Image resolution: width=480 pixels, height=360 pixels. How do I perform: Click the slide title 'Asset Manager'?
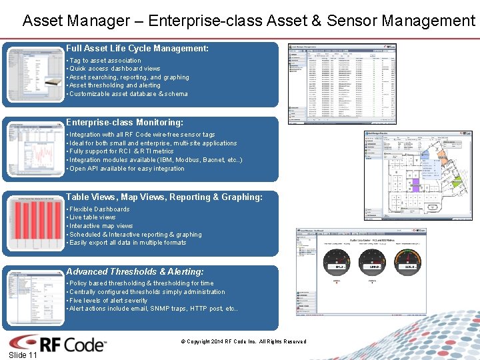click(248, 21)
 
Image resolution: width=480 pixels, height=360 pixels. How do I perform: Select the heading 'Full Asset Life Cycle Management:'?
click(137, 49)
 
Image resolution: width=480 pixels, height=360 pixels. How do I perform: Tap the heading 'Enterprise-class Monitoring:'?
click(125, 123)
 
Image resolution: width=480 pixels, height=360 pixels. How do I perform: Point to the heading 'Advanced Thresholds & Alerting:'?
click(135, 272)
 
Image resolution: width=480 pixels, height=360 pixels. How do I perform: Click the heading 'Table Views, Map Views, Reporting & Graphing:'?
click(165, 197)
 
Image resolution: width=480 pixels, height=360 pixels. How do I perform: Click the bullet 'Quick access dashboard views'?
click(114, 69)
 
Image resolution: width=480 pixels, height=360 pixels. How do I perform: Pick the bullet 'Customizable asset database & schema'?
click(128, 94)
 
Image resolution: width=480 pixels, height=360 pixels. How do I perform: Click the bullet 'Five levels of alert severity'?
click(108, 301)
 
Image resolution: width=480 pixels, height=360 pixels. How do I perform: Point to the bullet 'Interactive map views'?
click(101, 226)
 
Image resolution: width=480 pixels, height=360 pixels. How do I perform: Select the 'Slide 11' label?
click(23, 355)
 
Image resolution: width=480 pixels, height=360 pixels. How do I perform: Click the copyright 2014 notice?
click(243, 342)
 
